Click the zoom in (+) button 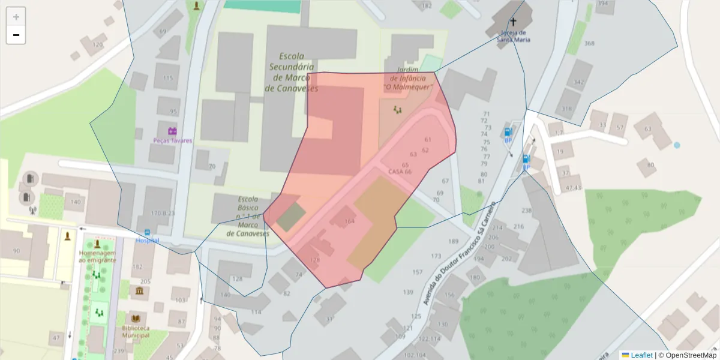16,17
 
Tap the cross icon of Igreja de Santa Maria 513,21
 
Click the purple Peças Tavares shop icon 172,131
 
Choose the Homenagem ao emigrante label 97,256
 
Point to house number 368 589,43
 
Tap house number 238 527,211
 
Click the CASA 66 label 400,172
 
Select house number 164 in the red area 349,221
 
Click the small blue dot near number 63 677,145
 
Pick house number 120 98,45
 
